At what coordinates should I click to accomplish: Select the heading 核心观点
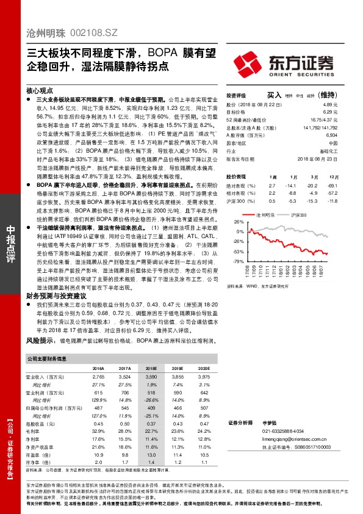(39, 89)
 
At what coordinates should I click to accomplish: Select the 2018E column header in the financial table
(151, 368)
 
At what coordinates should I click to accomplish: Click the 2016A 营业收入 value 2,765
(98, 378)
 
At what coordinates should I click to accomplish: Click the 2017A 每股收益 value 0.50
(125, 423)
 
